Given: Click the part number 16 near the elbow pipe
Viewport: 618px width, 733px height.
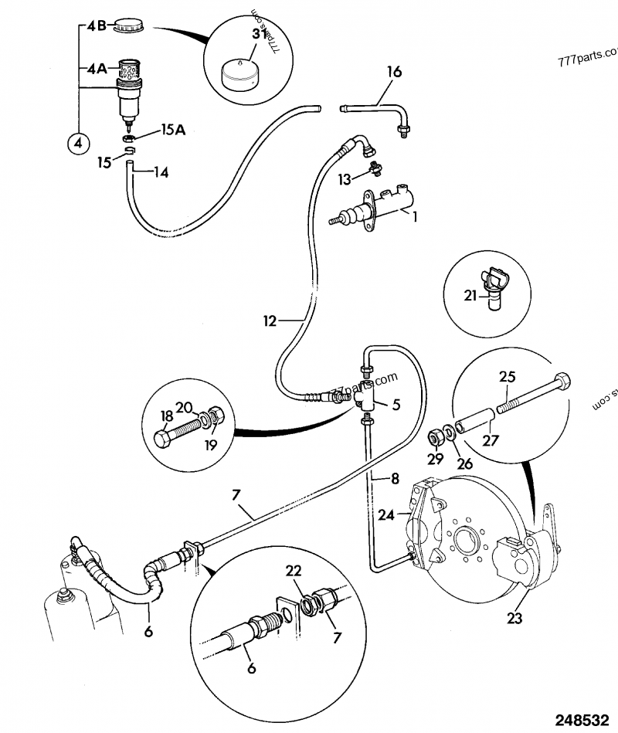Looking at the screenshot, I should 394,72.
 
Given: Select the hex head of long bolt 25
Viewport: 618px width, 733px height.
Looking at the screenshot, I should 563,384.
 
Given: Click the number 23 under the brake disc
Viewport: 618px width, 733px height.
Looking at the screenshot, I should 515,617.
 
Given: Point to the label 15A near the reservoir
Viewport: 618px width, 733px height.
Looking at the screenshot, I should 172,131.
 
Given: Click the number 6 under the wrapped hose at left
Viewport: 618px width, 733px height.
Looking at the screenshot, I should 148,631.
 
